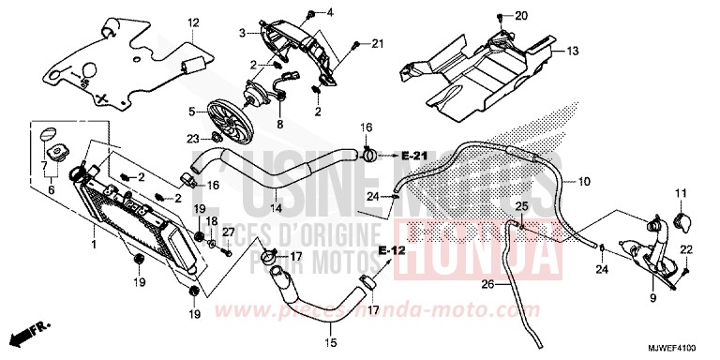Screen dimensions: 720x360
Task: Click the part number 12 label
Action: tap(192, 22)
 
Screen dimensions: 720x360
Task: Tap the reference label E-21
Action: tap(414, 154)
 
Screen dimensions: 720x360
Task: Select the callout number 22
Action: tap(686, 248)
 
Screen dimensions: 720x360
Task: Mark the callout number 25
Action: tap(522, 205)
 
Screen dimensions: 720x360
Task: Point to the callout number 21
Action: tap(378, 44)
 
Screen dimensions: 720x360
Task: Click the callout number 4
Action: tap(329, 11)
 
